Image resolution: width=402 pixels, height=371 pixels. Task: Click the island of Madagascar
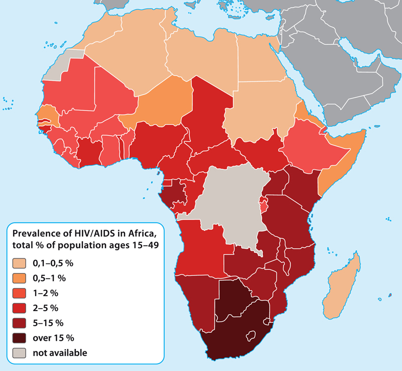342,287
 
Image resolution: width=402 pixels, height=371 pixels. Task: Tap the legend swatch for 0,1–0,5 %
21,263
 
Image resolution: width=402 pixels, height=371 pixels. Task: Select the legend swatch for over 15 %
21,337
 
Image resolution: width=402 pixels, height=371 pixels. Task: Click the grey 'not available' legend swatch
21,352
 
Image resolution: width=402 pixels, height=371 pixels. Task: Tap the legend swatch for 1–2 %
21,293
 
